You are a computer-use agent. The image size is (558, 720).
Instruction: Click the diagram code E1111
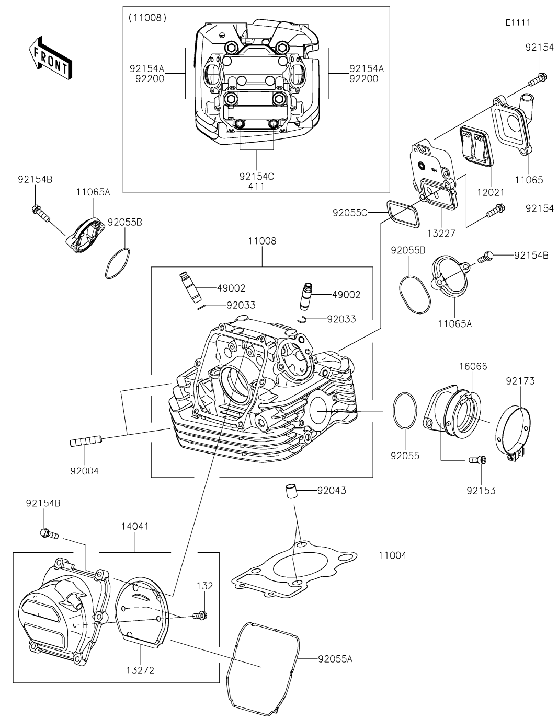point(518,23)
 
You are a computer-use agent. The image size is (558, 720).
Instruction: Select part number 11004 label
point(392,555)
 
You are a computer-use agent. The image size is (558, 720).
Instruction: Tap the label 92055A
point(335,659)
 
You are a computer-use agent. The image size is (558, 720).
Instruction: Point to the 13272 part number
point(141,670)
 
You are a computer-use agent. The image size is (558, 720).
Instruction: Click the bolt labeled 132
point(200,617)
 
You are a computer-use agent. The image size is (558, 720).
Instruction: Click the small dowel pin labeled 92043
point(290,491)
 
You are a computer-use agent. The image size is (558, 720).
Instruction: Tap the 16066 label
point(473,366)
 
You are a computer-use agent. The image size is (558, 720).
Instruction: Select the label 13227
point(441,233)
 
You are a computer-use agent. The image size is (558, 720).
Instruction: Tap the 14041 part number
point(135,526)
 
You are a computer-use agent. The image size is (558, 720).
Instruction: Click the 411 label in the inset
point(257,187)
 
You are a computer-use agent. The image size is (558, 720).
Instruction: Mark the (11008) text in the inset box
point(147,18)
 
